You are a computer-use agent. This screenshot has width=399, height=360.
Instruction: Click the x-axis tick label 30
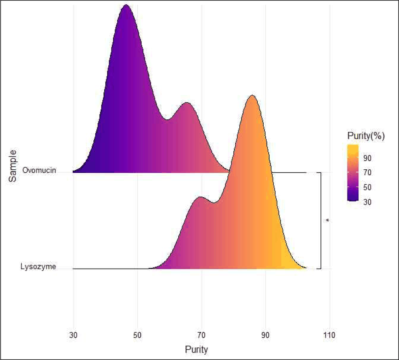tap(73, 335)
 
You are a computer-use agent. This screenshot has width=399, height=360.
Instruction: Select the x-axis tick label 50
tap(137, 335)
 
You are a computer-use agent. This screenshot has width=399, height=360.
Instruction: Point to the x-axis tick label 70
tap(201, 335)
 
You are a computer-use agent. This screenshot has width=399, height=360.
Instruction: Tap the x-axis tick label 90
tap(265, 335)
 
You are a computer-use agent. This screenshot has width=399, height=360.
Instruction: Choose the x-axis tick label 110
tap(329, 335)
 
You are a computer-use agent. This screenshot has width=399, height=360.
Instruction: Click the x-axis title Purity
tap(196, 349)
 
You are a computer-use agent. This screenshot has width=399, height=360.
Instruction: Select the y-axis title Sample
tap(13, 166)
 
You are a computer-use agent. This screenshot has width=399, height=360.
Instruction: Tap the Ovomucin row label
tap(39, 170)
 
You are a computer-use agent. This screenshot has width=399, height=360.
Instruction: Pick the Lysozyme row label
tap(38, 267)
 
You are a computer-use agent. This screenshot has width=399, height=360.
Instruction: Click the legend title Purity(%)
tap(366, 136)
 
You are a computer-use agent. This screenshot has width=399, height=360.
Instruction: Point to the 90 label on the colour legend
tap(367, 158)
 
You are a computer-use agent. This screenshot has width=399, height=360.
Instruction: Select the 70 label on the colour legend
tap(367, 173)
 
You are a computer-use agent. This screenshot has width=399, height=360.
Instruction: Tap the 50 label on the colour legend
tap(367, 187)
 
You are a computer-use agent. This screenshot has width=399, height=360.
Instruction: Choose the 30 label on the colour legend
tap(367, 202)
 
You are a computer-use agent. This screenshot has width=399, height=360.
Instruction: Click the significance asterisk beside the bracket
tap(327, 221)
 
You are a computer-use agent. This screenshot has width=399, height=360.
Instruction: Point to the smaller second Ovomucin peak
tap(187, 103)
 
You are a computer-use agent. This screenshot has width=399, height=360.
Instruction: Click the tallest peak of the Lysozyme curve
tap(252, 95)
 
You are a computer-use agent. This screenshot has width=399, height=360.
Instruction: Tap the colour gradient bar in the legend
tap(353, 173)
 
